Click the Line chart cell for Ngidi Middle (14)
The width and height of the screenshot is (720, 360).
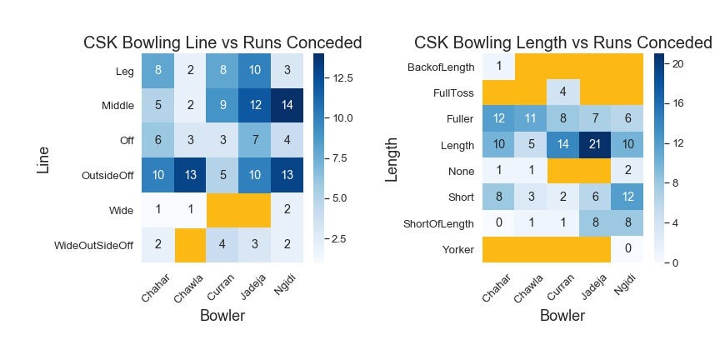(x=286, y=106)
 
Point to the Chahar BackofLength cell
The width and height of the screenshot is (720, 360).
(x=498, y=67)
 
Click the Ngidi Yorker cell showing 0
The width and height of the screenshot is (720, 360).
(x=627, y=249)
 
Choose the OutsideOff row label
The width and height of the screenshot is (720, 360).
(x=103, y=175)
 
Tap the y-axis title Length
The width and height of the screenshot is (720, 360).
(x=391, y=159)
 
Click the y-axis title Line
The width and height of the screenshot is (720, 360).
(x=43, y=159)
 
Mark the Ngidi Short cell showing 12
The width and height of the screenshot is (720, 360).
(x=627, y=197)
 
